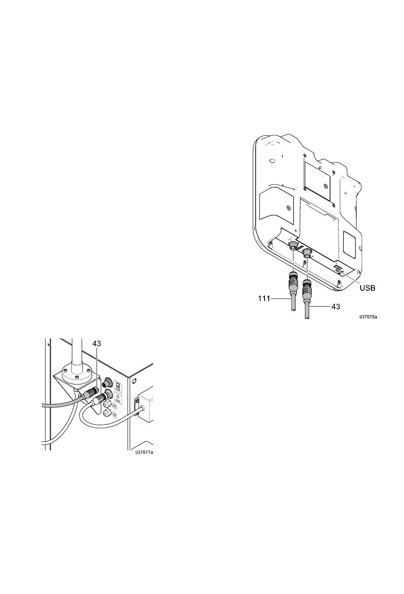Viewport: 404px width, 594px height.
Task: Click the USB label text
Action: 367,288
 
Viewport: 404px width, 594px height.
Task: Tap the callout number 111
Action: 264,299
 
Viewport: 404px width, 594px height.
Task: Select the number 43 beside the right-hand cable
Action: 336,306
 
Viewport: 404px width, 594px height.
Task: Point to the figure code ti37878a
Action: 368,317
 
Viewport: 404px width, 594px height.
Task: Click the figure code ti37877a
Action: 144,452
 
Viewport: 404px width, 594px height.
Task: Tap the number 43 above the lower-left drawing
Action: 97,343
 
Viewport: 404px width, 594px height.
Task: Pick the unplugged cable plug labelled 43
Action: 306,291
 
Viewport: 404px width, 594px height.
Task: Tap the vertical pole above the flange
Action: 77,349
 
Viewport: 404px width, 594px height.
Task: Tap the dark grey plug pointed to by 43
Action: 90,392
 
